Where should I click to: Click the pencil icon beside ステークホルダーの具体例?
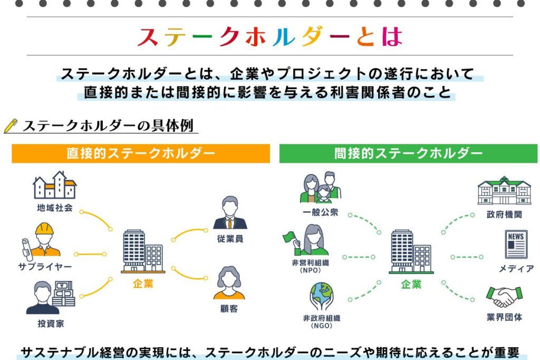pos(11,126)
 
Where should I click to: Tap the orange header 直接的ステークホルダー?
pos(141,153)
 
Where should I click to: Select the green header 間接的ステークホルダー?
pos(408,153)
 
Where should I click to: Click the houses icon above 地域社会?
pos(55,184)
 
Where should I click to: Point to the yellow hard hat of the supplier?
pos(45,228)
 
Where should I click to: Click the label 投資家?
pos(53,324)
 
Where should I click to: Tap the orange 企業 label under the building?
pos(143,284)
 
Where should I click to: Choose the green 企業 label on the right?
pos(411,284)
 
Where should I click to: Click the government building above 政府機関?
pos(504,190)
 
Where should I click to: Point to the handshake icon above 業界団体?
pos(504,297)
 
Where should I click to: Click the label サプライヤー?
pos(45,267)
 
